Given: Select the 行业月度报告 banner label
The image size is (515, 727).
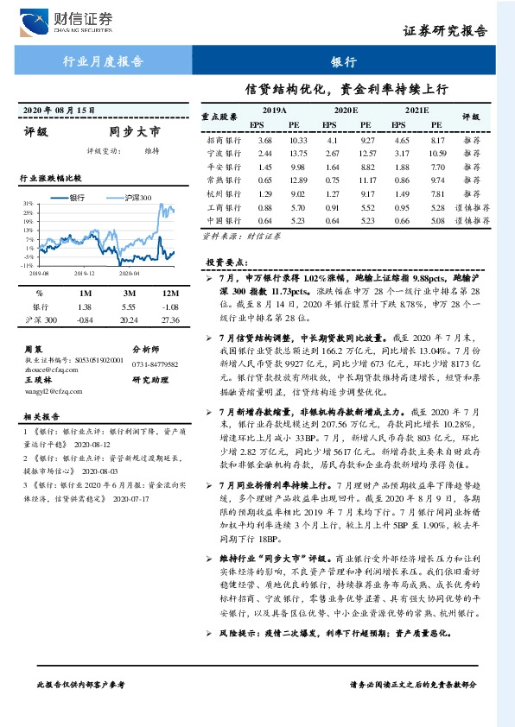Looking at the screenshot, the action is pos(104,61).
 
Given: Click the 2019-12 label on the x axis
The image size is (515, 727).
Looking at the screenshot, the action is pos(84,272).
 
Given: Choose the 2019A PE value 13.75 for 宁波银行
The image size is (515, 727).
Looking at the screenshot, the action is pos(298,153).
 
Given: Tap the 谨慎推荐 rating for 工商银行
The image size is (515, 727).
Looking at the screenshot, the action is pos(474,207).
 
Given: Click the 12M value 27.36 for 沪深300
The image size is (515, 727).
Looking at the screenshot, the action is pos(169,320).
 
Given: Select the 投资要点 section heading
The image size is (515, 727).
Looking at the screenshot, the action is pos(227,261).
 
